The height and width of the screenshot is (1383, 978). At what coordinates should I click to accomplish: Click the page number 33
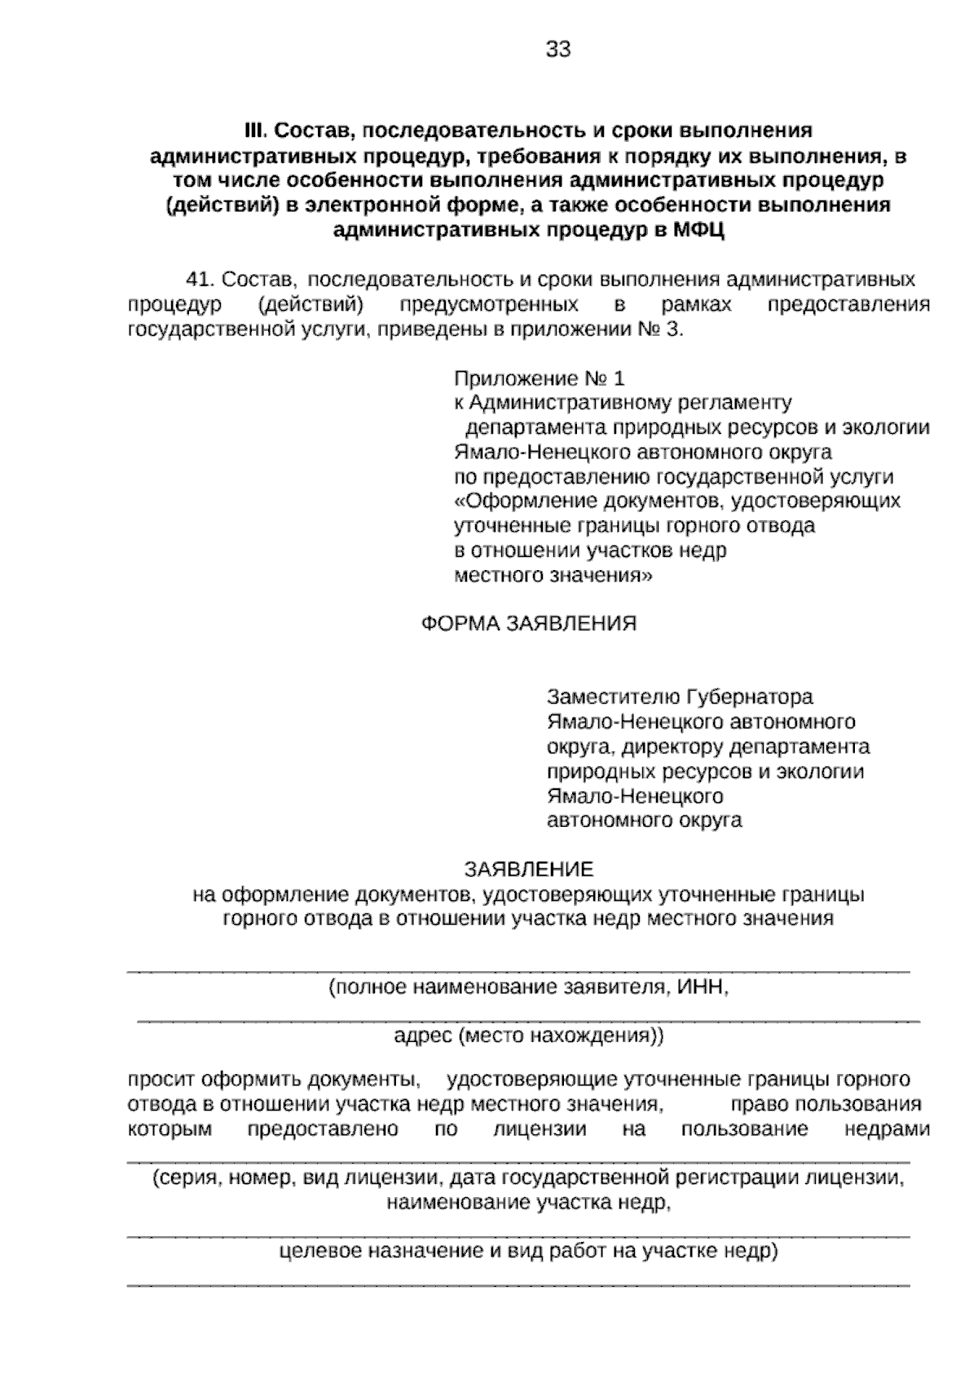click(x=558, y=50)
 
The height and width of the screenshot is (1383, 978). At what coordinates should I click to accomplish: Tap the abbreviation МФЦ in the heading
click(x=699, y=231)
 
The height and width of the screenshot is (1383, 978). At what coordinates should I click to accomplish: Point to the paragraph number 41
click(x=200, y=280)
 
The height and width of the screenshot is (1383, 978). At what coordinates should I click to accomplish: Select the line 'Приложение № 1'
click(x=539, y=378)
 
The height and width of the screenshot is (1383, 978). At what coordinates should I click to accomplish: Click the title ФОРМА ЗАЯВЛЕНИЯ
click(x=528, y=624)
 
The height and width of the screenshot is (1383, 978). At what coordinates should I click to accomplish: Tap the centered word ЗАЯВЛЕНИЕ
click(x=528, y=869)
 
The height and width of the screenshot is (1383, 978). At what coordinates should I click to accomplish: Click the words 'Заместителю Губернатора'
click(x=680, y=698)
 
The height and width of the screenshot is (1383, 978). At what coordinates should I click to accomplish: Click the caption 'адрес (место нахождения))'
click(x=528, y=1036)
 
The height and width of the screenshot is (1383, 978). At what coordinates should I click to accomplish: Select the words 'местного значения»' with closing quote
click(x=553, y=575)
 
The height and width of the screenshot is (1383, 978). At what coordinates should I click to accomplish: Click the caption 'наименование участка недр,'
click(x=528, y=1203)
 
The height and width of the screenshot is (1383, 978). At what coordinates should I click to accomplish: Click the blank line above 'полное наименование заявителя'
click(x=518, y=971)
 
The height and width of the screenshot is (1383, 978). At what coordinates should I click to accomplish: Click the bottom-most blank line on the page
click(x=518, y=1286)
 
